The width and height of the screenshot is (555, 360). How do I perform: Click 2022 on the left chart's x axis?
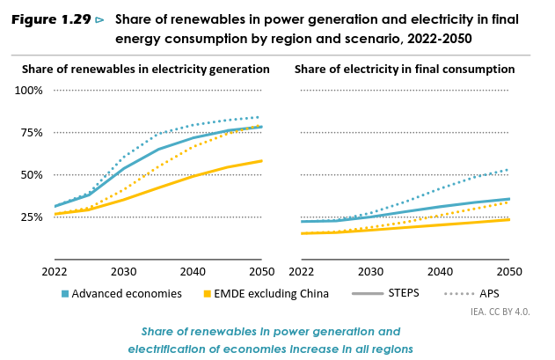click(54, 272)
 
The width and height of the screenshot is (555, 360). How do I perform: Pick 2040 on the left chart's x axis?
click(193, 272)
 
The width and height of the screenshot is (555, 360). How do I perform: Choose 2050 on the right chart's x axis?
click(509, 272)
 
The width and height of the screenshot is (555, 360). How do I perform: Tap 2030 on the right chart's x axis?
click(370, 272)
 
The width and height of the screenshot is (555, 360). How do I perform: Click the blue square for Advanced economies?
click(65, 294)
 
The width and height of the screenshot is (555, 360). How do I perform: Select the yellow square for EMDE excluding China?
click(208, 294)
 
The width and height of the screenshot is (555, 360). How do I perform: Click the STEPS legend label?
click(405, 293)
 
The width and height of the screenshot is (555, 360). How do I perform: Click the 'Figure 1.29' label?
click(51, 19)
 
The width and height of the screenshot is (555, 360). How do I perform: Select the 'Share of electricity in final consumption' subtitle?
click(405, 69)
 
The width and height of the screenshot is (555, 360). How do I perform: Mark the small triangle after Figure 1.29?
click(99, 19)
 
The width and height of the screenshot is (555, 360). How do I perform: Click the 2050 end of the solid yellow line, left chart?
click(262, 161)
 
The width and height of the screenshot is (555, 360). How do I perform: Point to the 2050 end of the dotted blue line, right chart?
click(509, 170)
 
